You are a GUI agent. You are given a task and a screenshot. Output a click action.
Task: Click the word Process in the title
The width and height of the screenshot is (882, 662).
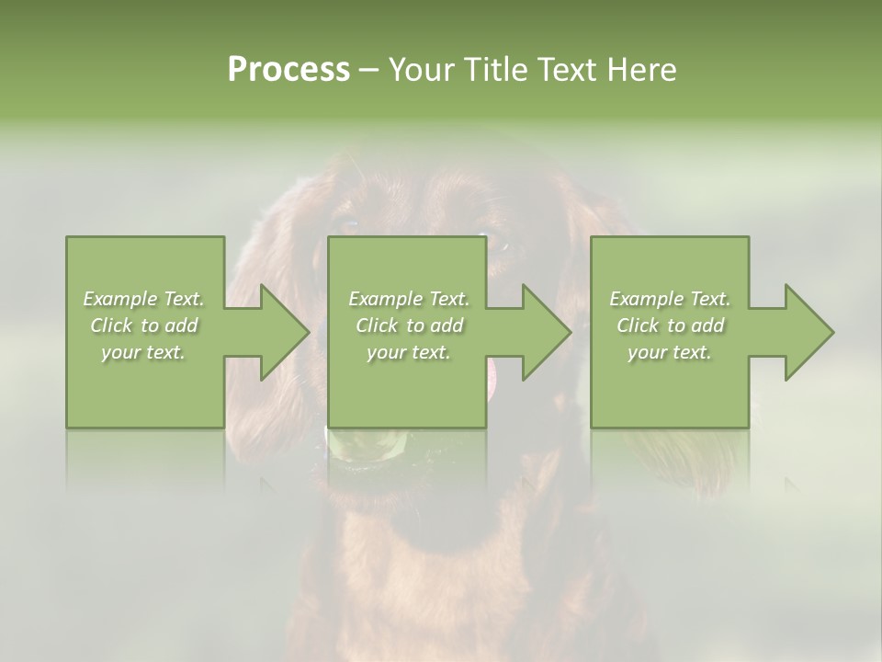coord(288,70)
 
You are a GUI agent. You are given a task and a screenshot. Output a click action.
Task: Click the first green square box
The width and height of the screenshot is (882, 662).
coord(145,267)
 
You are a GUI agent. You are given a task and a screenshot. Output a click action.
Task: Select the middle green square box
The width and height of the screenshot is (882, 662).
coord(407,267)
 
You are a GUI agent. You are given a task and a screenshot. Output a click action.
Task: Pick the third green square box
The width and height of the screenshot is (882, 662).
coord(669,267)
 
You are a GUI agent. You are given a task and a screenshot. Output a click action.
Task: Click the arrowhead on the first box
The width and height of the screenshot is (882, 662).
coord(281,332)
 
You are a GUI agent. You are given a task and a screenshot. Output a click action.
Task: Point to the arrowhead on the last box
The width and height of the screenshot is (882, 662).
coord(807,332)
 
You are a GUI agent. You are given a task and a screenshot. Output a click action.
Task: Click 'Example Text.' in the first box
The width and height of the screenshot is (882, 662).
coord(144,299)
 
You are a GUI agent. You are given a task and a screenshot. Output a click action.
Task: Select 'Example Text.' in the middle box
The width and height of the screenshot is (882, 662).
coord(409,299)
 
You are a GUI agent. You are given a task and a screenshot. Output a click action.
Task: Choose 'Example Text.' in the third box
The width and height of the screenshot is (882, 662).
coord(670,299)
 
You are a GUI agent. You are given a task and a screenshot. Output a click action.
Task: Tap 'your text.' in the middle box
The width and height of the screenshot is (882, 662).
coord(408,352)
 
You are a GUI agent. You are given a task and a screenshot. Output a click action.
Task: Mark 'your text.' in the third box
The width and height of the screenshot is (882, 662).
coord(669,352)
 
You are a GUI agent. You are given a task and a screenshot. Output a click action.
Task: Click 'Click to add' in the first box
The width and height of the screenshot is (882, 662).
coord(144,325)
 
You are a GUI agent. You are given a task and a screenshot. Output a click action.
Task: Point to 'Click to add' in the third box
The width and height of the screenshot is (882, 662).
coord(670,325)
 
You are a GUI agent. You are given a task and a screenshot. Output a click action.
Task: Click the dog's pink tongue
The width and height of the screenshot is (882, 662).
coord(494,377)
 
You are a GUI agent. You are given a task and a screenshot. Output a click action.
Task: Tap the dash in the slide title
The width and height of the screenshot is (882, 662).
coord(369,71)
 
